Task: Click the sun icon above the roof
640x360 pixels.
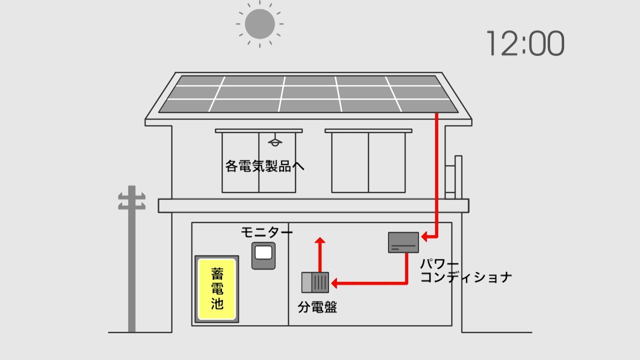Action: pyautogui.click(x=260, y=23)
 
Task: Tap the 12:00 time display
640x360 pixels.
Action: pyautogui.click(x=524, y=43)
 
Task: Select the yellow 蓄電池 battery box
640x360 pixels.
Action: pyautogui.click(x=216, y=289)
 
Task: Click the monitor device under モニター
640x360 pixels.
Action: pyautogui.click(x=263, y=255)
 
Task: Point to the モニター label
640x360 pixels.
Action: pyautogui.click(x=266, y=232)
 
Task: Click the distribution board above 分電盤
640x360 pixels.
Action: pyautogui.click(x=315, y=282)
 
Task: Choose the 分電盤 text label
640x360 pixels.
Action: pyautogui.click(x=317, y=307)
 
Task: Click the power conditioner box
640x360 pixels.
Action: pyautogui.click(x=403, y=242)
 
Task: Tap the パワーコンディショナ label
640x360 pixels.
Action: pyautogui.click(x=465, y=271)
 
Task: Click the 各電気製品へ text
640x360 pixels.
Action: pyautogui.click(x=265, y=166)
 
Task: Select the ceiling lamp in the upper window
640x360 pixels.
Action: pyautogui.click(x=274, y=141)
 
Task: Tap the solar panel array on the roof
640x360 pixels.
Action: pyautogui.click(x=307, y=94)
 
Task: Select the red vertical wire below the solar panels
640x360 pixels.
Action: pyautogui.click(x=437, y=170)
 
